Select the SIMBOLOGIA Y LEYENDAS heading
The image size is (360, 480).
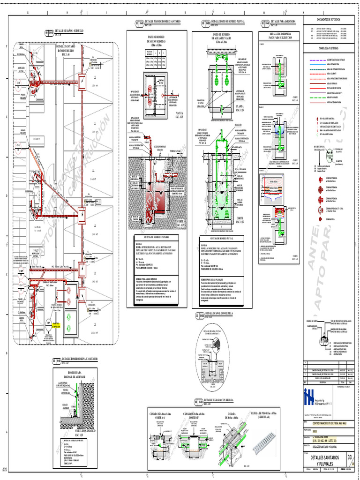tap(330, 48)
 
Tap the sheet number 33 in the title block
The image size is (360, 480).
tap(349, 457)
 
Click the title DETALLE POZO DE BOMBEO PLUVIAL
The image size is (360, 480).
tap(229, 22)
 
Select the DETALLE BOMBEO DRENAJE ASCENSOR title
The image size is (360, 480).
tap(76, 359)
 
